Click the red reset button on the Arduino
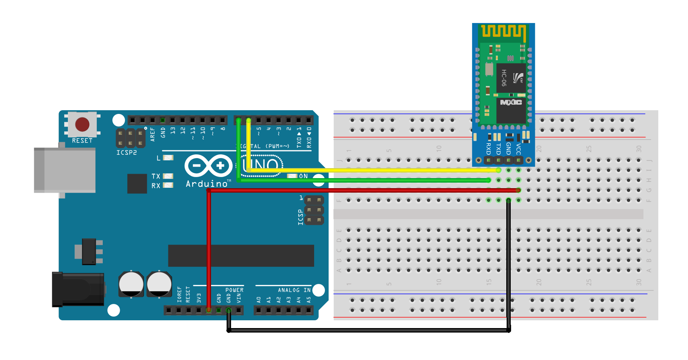tap(82, 125)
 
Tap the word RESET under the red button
tap(82, 141)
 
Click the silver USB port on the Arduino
tap(65, 170)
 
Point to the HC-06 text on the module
tap(504, 78)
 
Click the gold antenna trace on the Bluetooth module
tap(504, 31)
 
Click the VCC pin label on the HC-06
tap(519, 149)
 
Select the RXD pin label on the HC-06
tap(488, 148)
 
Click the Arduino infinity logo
tap(208, 166)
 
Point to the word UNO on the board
tap(262, 166)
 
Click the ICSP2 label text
tap(126, 153)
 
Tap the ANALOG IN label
tap(294, 290)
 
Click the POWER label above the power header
tap(234, 290)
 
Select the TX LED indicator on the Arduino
tap(168, 176)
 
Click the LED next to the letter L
tap(168, 158)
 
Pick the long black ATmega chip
tap(241, 256)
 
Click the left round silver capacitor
tap(131, 284)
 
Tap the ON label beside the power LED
tap(303, 176)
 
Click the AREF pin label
tap(152, 134)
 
